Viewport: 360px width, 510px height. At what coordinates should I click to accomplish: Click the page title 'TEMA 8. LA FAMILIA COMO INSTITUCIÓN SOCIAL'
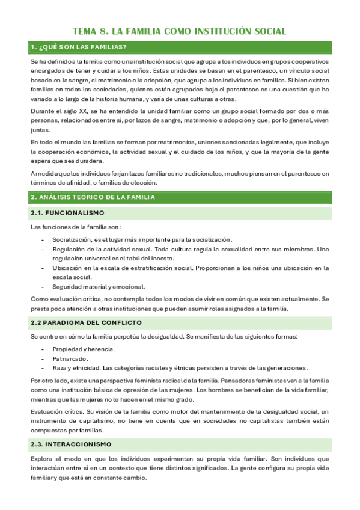click(x=179, y=31)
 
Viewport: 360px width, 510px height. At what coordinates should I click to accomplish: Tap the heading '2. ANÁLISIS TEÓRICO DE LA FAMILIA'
click(x=93, y=197)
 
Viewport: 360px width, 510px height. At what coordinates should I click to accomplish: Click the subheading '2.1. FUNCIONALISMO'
click(x=67, y=213)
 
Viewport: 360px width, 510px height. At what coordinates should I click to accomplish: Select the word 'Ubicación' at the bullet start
click(x=70, y=268)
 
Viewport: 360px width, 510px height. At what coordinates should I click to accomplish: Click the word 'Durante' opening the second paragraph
click(x=43, y=111)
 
